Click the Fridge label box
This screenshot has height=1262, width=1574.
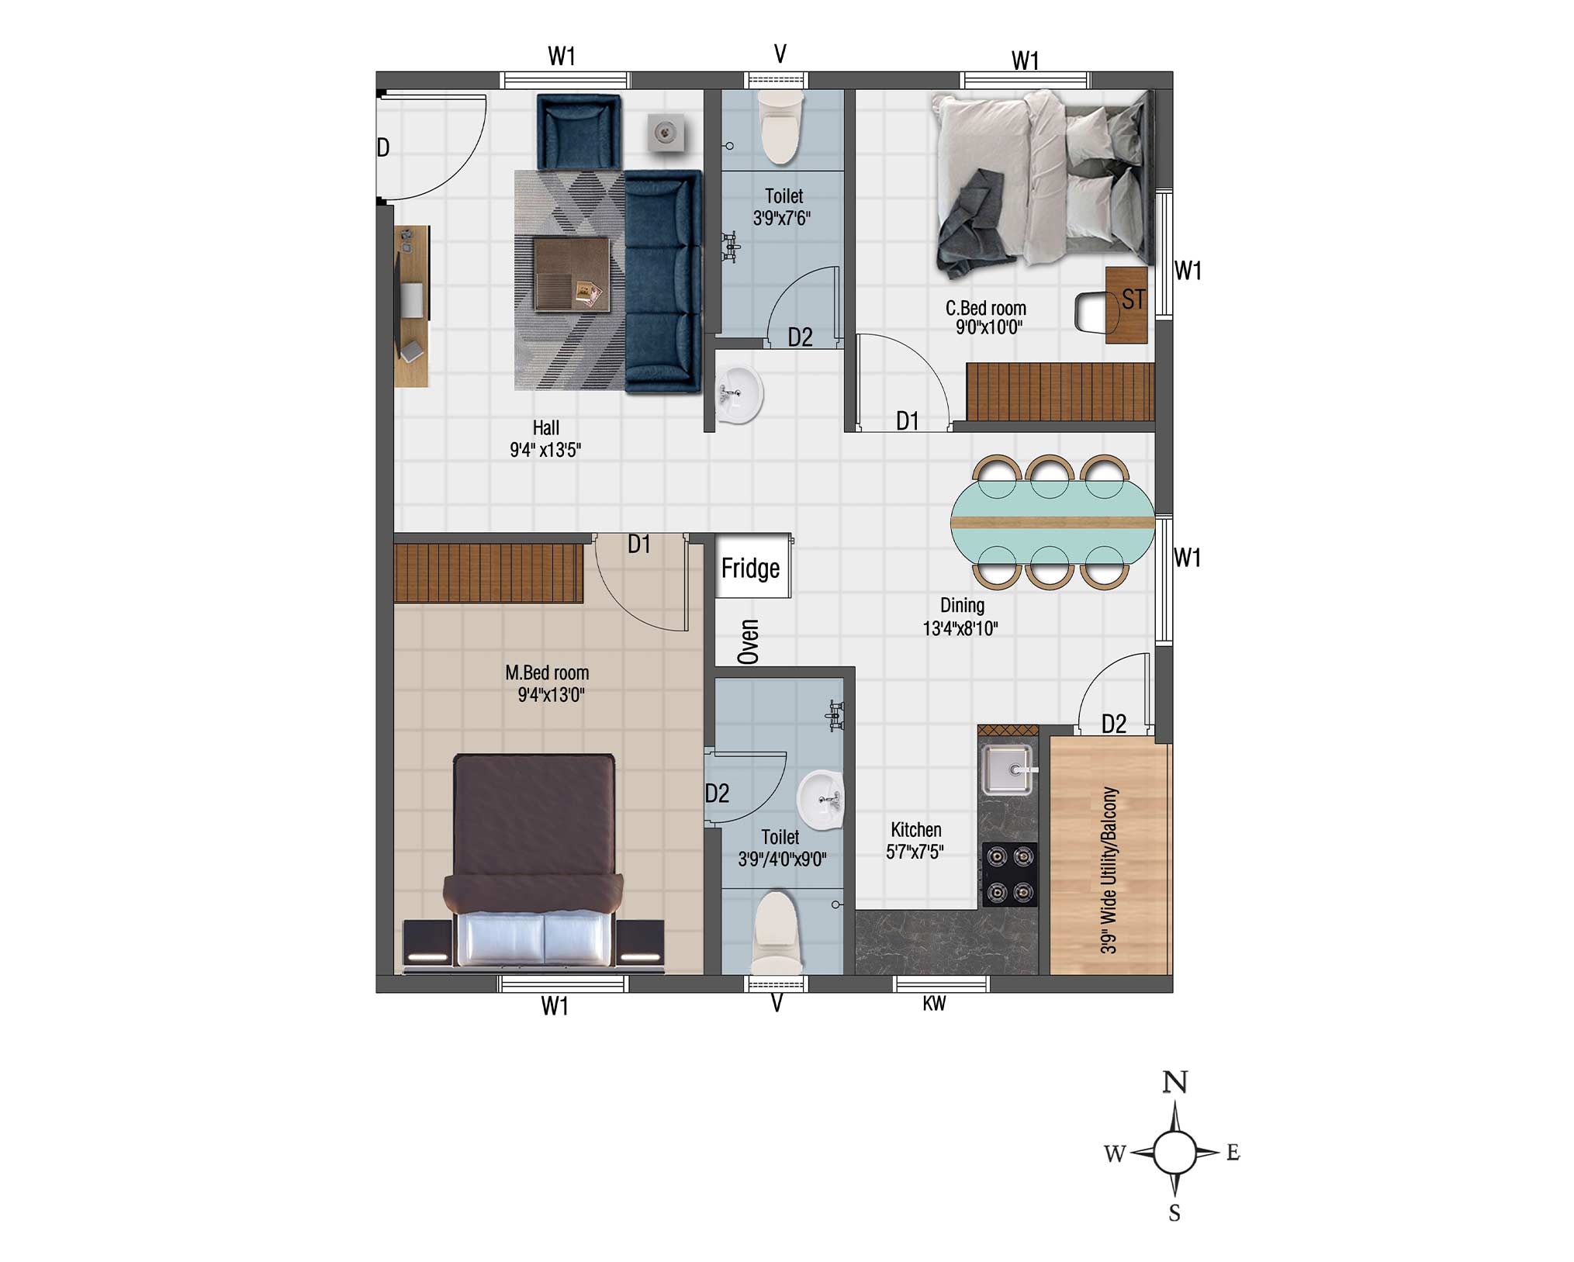[x=752, y=566]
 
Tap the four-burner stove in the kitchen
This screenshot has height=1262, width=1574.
[x=1009, y=874]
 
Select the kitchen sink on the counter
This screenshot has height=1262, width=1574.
[x=1008, y=769]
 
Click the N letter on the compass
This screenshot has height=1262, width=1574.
[x=1174, y=1082]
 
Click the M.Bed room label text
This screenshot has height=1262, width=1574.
[x=547, y=672]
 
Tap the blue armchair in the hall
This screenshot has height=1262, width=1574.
[x=578, y=132]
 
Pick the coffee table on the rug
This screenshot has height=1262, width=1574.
[x=572, y=274]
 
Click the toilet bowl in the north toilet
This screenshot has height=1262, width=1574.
[x=780, y=126]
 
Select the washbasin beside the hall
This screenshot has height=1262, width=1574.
[x=738, y=396]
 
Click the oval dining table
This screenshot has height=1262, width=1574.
[x=1053, y=522]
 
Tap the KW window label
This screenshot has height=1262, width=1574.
[x=934, y=1004]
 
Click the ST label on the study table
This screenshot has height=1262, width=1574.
[x=1133, y=299]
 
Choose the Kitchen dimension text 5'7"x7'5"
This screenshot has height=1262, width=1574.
[x=915, y=852]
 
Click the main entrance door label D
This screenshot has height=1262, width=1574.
[x=382, y=147]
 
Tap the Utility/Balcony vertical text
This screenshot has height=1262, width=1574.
[x=1109, y=870]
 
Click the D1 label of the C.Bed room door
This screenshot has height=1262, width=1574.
[x=907, y=421]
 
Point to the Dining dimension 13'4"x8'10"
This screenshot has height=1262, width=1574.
[x=960, y=628]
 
